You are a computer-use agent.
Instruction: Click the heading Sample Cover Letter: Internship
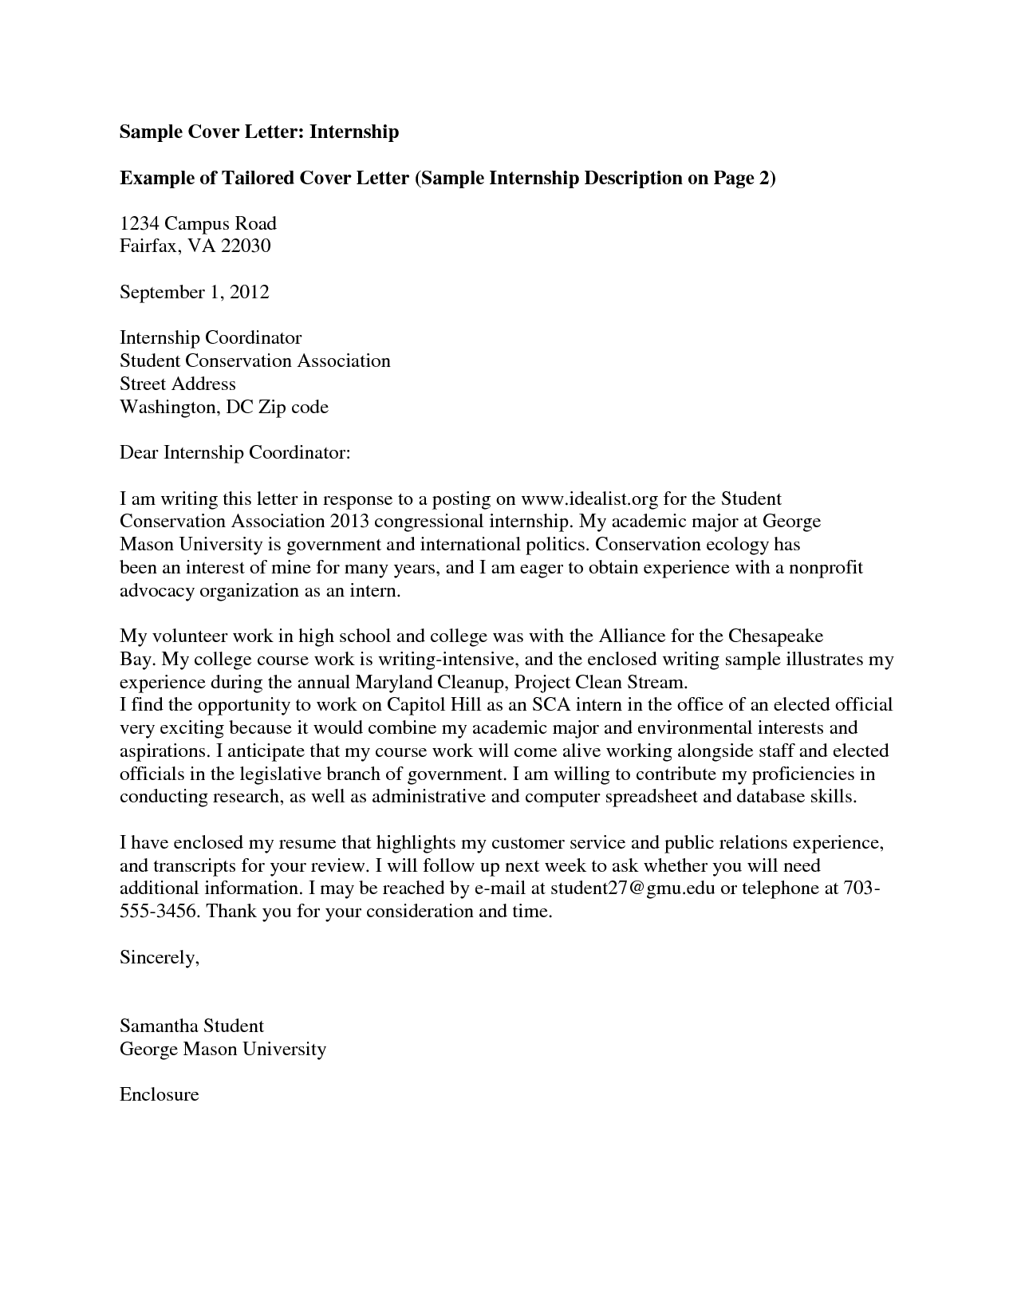(258, 132)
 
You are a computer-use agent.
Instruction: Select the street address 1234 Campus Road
(198, 223)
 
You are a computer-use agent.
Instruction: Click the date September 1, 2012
(194, 292)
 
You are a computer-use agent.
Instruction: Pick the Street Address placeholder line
(177, 384)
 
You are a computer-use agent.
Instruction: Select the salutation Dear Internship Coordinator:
(235, 453)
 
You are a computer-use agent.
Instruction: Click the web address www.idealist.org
(589, 499)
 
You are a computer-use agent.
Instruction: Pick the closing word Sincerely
(159, 958)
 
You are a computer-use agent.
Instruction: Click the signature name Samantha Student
(191, 1026)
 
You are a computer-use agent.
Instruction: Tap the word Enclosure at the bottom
(159, 1094)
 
